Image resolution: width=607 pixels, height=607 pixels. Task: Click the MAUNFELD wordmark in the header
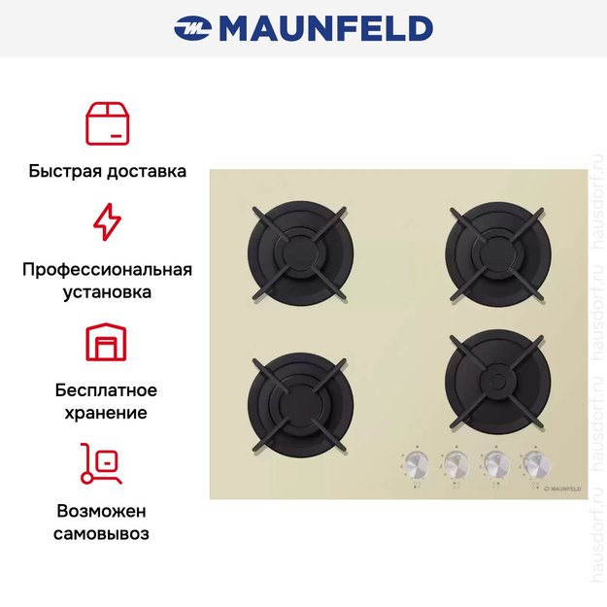coord(325,29)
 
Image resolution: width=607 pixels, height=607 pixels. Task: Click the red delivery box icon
coord(107,122)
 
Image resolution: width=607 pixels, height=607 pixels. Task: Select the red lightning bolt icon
coord(107,221)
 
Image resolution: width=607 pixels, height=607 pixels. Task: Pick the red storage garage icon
coord(107,343)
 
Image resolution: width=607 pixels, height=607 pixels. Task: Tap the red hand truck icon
coord(102,463)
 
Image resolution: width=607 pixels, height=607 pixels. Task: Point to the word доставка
coord(145,172)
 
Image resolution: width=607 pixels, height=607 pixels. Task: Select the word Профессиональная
coord(107,269)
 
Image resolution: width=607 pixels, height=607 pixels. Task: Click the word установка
coord(107,291)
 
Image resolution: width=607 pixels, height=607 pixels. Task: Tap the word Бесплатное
coord(107,390)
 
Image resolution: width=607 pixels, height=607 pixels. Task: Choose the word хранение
coord(107,413)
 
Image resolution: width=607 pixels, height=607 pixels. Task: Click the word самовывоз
coord(107,533)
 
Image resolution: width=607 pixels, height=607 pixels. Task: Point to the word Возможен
coord(107,511)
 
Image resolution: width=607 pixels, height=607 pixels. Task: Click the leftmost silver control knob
coord(416,463)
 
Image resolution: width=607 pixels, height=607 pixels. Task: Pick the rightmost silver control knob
coord(532,463)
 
